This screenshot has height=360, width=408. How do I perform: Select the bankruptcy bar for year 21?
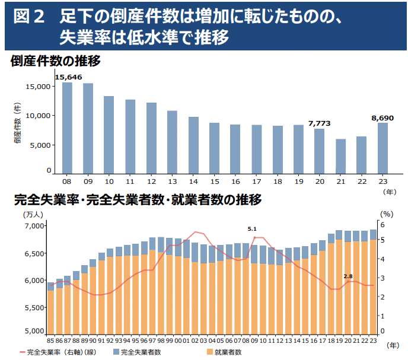pos(340,156)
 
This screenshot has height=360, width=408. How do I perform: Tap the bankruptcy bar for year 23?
pos(383,148)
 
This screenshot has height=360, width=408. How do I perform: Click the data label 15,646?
pos(68,77)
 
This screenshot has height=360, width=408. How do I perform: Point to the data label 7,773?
pos(319,123)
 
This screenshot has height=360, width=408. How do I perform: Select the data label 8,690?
pos(383,118)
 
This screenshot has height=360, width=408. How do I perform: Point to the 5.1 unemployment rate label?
pos(252,229)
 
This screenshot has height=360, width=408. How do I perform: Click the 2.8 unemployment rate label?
pos(348,276)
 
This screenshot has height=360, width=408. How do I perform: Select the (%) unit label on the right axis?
pos(386,214)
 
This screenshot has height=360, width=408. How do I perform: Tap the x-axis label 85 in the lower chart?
pos(51,340)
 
